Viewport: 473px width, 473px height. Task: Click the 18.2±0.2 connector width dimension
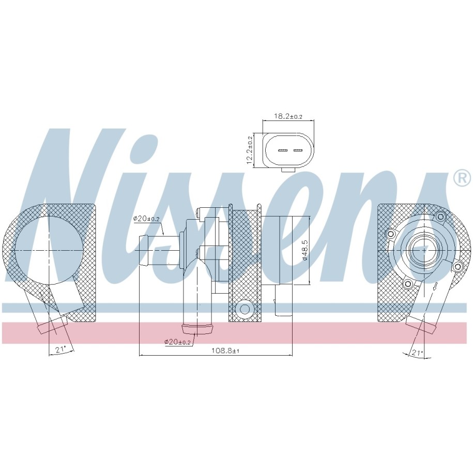point(288,116)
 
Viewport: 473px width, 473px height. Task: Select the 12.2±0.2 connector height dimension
point(250,150)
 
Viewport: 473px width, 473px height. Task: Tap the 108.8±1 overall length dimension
point(225,350)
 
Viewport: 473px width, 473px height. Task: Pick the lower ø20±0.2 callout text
point(177,342)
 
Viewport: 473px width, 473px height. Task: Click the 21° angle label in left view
point(60,349)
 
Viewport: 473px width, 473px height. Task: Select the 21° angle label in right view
point(418,353)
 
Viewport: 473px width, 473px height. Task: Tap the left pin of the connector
point(282,150)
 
